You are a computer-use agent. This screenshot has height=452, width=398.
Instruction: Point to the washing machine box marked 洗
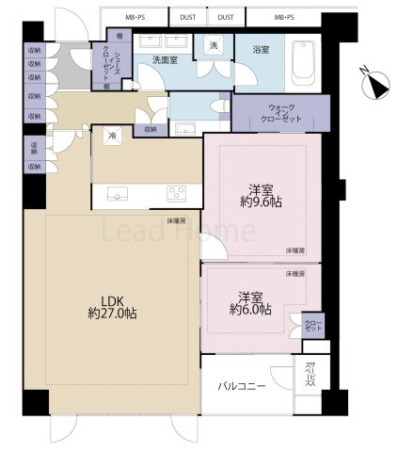tap(213, 47)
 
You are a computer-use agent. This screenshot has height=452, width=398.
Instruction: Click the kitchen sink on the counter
tap(118, 194)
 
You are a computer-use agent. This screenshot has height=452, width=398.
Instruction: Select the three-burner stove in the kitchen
tap(176, 193)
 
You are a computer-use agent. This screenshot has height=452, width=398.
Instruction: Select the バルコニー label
tap(242, 387)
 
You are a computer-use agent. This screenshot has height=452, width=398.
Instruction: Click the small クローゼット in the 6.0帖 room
tap(311, 326)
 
